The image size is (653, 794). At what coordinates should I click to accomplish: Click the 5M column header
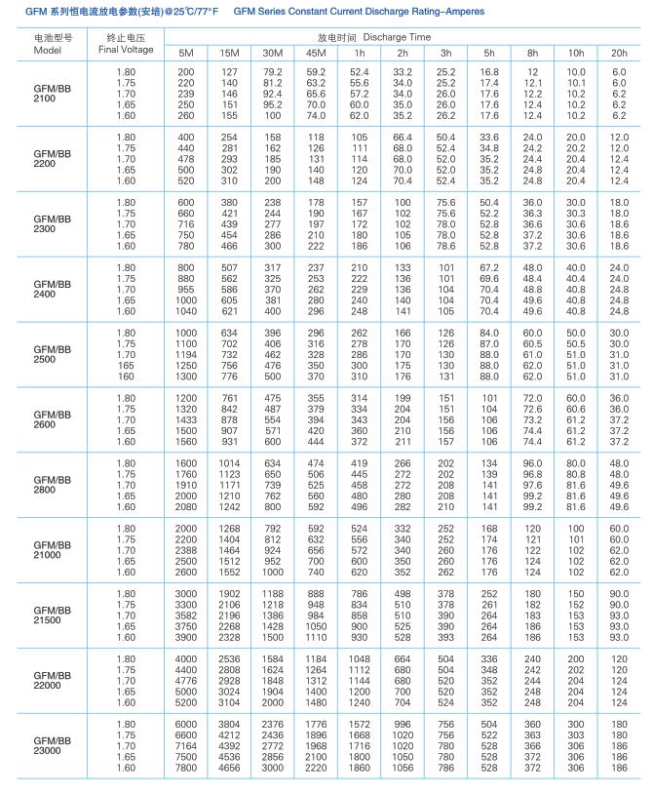click(185, 52)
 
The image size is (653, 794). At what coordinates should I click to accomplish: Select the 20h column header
click(619, 52)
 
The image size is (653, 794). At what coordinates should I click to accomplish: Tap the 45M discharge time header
click(315, 52)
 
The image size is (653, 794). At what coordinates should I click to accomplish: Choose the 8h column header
click(532, 52)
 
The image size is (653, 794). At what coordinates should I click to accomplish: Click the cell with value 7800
click(185, 769)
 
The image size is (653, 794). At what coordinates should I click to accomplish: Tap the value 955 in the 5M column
click(185, 290)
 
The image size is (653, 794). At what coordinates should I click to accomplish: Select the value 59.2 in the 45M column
click(315, 71)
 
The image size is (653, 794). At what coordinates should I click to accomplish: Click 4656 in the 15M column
click(229, 769)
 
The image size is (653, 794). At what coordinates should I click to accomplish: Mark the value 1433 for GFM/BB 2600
click(185, 419)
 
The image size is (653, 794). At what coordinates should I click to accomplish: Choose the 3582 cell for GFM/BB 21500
click(185, 615)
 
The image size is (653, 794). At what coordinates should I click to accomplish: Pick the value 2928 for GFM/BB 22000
click(229, 681)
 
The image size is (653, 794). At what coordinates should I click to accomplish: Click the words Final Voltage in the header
click(124, 50)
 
